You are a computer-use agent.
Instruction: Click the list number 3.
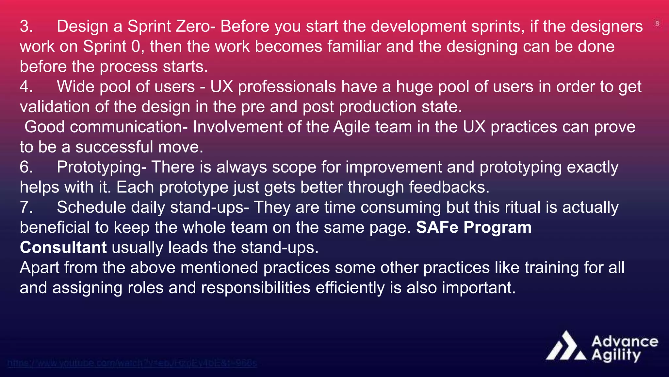[x=26, y=27]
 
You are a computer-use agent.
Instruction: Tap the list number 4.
[x=26, y=87]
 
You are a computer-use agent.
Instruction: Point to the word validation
[x=55, y=107]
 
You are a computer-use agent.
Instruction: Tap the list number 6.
[x=26, y=167]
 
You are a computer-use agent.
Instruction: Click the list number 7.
[x=26, y=207]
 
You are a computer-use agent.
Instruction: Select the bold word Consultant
[x=63, y=248]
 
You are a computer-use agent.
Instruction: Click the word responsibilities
[x=255, y=288]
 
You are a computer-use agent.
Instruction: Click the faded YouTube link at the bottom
[x=132, y=363]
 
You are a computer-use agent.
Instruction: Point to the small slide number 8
[x=657, y=24]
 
